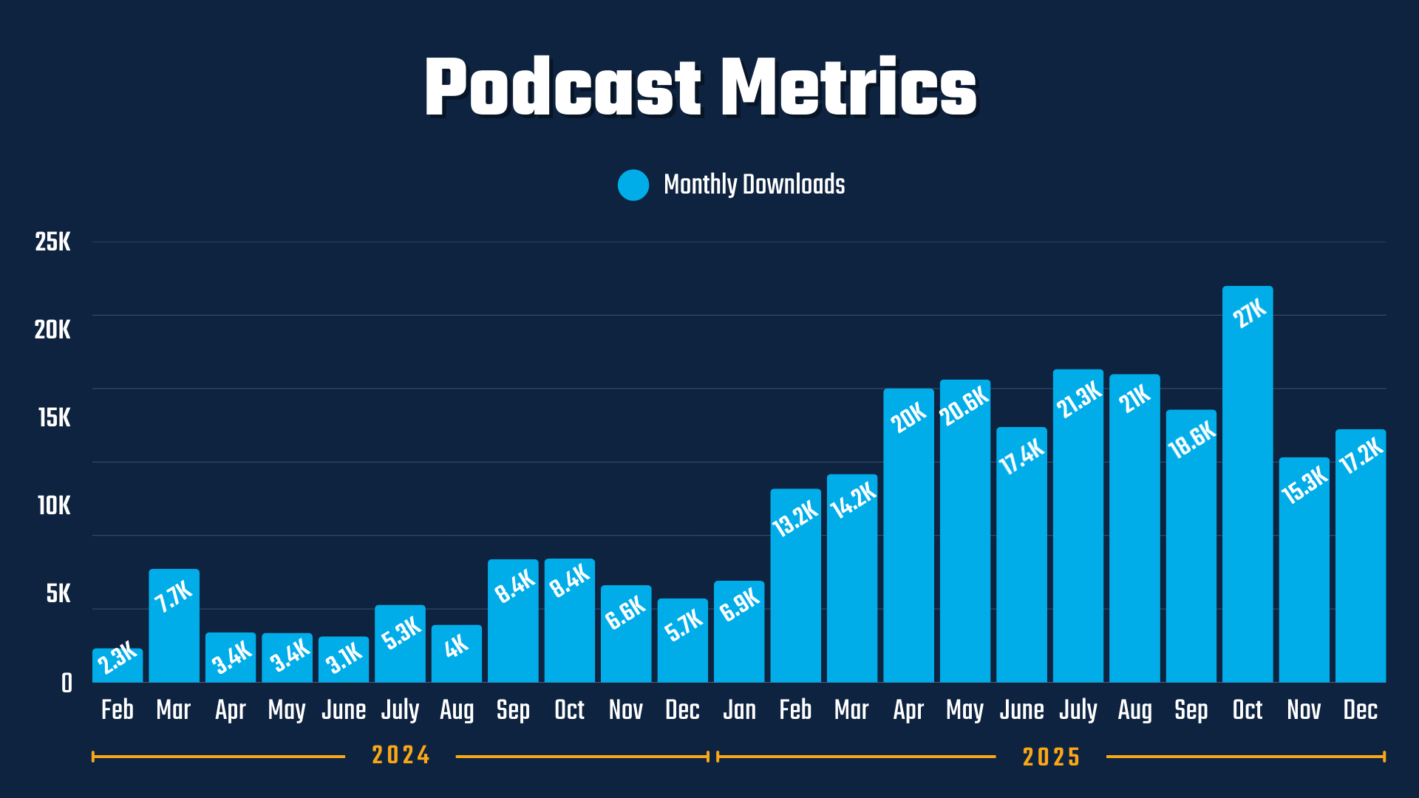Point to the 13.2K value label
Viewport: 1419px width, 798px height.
pyautogui.click(x=795, y=517)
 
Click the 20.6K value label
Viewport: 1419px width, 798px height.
pyautogui.click(x=964, y=405)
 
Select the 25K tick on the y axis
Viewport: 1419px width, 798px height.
pyautogui.click(x=53, y=242)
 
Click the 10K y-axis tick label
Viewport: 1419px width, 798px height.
pyautogui.click(x=54, y=506)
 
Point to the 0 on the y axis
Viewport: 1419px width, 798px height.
pyautogui.click(x=67, y=683)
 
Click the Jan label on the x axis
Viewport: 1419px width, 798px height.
pyautogui.click(x=739, y=710)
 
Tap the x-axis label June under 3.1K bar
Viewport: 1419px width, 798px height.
pyautogui.click(x=344, y=710)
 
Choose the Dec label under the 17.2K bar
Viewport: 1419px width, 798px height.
pyautogui.click(x=1361, y=710)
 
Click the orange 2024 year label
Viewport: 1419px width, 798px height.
pyautogui.click(x=401, y=755)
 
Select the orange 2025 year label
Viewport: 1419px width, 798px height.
pyautogui.click(x=1051, y=757)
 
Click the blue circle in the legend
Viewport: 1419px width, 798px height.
pyautogui.click(x=633, y=185)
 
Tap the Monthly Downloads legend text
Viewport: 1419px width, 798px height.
pyautogui.click(x=754, y=185)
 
